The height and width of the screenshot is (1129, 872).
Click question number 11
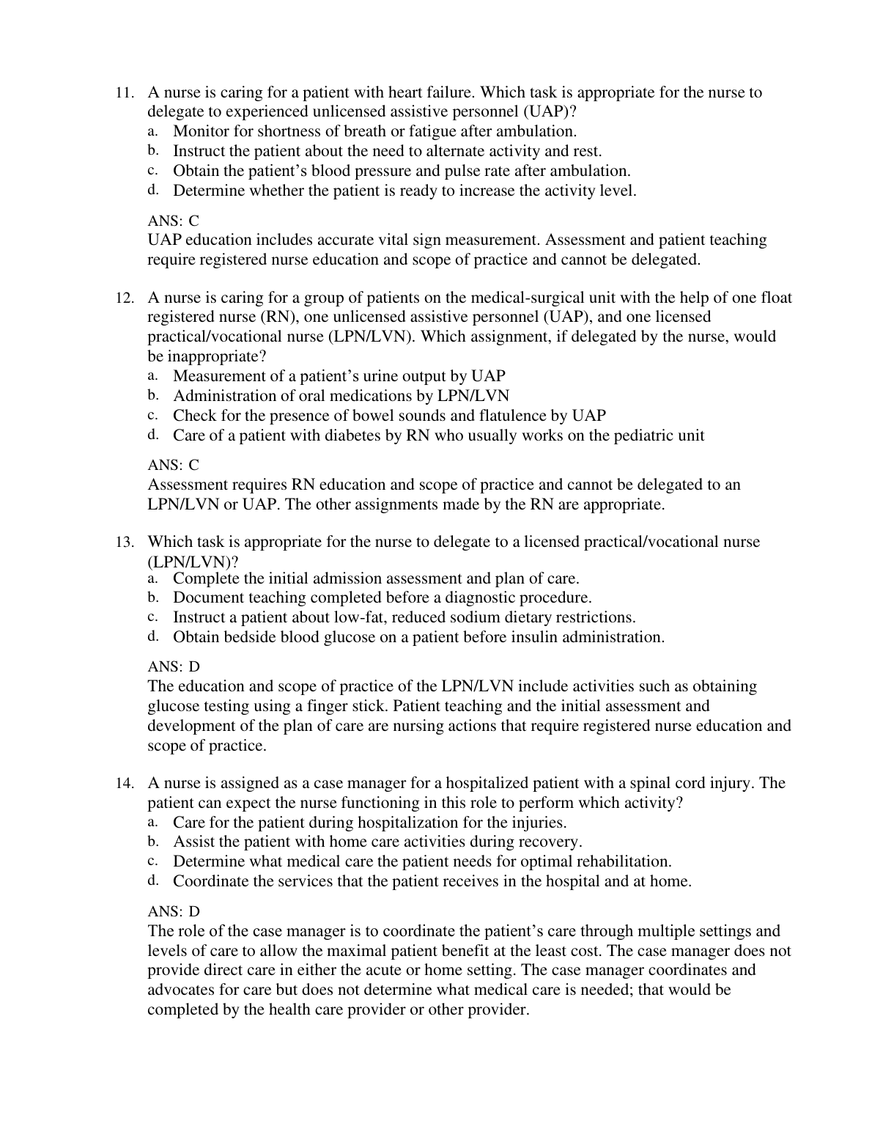pos(125,93)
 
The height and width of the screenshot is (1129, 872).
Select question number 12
pos(125,298)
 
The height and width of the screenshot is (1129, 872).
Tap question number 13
pos(125,543)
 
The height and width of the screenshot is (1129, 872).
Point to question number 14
pos(125,784)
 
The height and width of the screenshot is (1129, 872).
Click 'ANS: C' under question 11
pos(173,221)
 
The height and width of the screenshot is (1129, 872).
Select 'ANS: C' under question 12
pos(173,465)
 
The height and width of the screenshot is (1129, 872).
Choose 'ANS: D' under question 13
pos(173,667)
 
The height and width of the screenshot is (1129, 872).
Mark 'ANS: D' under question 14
pos(173,911)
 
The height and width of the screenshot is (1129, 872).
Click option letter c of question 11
pos(152,170)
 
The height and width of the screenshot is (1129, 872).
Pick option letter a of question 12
pos(152,375)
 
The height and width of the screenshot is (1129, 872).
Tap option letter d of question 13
pos(152,636)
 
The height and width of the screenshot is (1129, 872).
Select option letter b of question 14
pos(152,841)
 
